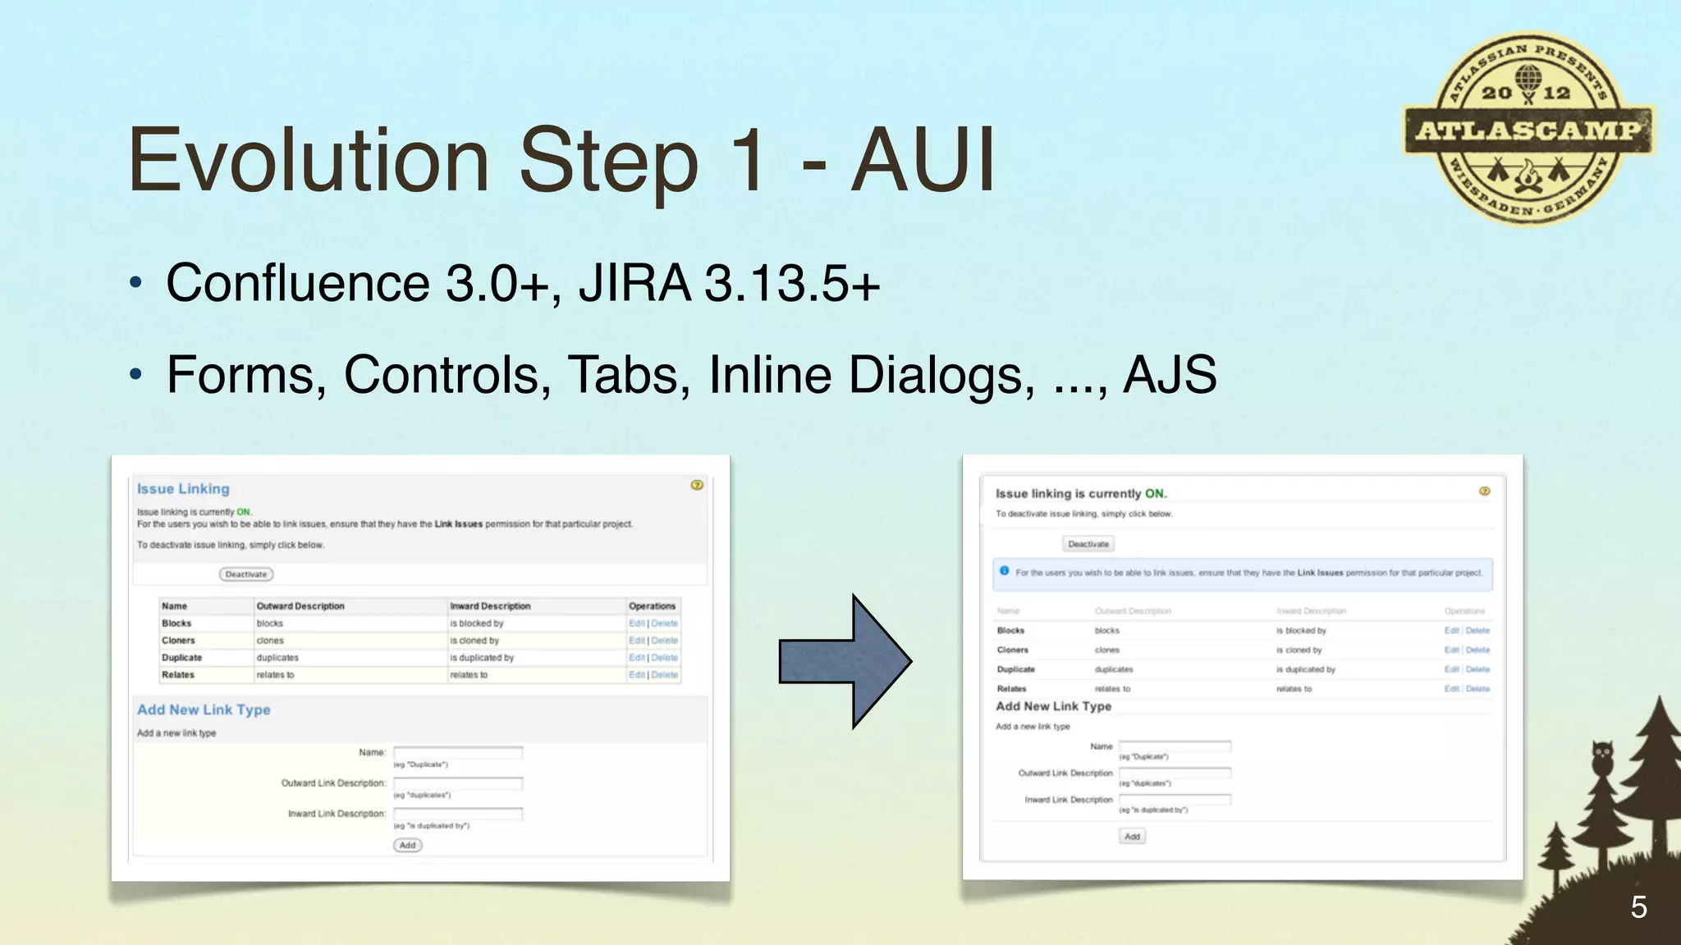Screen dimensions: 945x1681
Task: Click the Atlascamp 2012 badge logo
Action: coord(1528,129)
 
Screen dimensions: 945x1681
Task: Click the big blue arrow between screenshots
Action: coord(845,661)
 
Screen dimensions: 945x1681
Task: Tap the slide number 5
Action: coord(1638,907)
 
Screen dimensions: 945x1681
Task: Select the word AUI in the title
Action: coord(923,160)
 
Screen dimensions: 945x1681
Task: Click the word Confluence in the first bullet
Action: coord(297,283)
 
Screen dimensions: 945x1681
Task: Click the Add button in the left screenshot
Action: coord(408,845)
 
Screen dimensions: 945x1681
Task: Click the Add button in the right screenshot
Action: coord(1132,836)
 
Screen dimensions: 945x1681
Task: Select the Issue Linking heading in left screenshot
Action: coord(183,489)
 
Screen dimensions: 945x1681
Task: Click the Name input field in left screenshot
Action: coord(458,752)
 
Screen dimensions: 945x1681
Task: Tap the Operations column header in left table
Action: coord(652,606)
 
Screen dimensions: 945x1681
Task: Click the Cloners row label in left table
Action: coord(178,641)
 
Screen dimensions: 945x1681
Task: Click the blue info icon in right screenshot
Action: coord(1004,571)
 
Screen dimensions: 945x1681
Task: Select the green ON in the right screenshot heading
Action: coord(1155,494)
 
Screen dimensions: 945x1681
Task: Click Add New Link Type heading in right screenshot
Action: coord(1053,706)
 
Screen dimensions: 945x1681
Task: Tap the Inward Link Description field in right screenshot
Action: coord(1175,799)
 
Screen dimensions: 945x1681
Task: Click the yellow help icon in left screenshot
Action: coord(697,485)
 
